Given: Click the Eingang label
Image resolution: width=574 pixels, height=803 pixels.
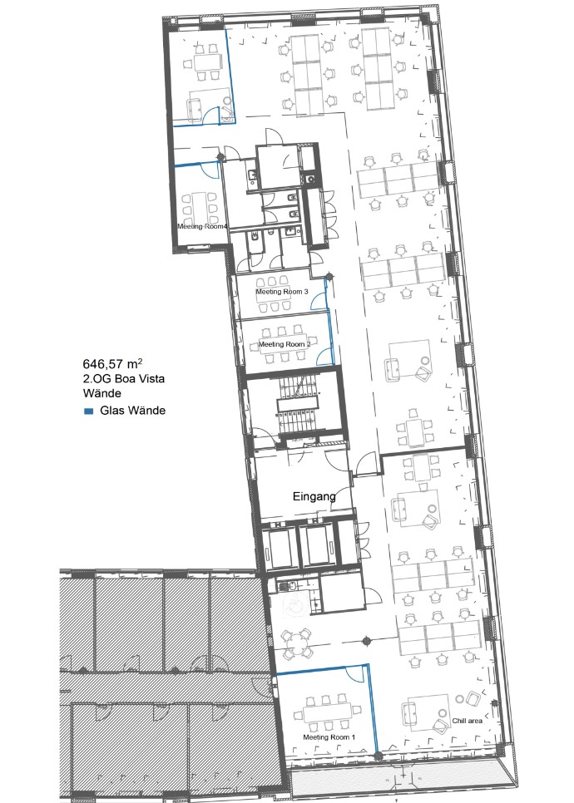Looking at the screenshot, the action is pos(314,496).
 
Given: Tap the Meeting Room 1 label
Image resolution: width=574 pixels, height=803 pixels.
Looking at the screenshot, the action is pos(329,737).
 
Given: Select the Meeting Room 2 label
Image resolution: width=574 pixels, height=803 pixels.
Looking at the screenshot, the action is pos(285,344).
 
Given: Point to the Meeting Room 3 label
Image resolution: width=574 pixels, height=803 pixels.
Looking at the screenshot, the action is pos(282,292).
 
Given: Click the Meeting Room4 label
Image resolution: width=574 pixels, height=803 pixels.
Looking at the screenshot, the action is pos(202,226).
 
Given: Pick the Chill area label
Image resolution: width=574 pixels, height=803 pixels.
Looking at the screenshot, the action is pos(467,721).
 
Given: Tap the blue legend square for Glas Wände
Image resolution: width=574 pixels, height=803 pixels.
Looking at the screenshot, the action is pos(89,411).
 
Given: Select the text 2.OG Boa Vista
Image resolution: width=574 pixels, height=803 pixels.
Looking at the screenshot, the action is pos(123,379).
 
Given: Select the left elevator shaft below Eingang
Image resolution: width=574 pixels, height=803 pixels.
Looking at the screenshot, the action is pos(281,547).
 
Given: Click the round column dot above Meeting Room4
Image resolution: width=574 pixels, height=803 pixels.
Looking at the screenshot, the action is pos(221,156).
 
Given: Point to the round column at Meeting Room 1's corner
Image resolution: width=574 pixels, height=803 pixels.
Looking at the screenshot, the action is pos(379,756).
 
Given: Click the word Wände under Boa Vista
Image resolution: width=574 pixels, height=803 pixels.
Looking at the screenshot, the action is pos(102,393).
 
